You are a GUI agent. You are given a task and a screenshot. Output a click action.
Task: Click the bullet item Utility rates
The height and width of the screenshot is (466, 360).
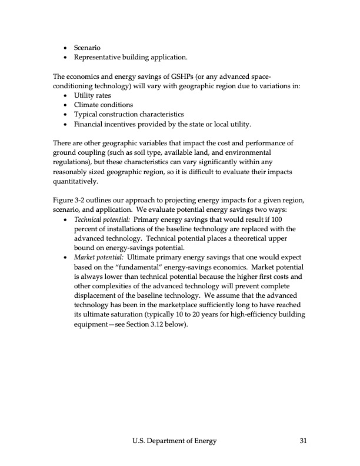coord(92,95)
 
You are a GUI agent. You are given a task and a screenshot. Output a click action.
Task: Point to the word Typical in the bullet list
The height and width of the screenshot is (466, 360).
coord(86,114)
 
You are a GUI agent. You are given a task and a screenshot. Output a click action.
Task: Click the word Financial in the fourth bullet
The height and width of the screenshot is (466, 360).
coord(90,124)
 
